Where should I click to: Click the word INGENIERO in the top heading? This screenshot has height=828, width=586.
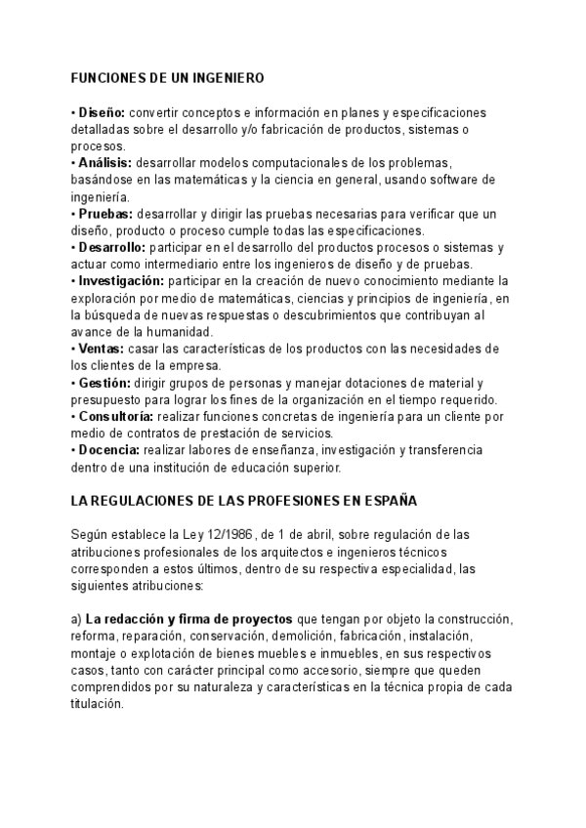229,76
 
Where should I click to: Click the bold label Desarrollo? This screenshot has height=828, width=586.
111,247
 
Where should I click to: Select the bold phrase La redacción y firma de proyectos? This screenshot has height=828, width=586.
189,619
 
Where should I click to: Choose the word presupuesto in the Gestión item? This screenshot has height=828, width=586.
108,400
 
